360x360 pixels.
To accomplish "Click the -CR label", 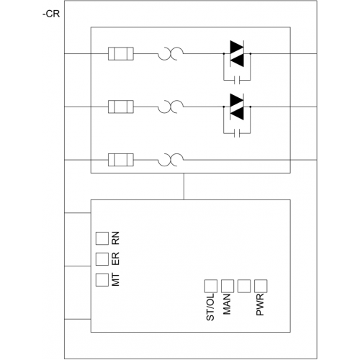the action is click(51, 14).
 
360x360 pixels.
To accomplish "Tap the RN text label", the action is click(116, 238).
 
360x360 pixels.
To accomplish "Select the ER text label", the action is click(116, 258).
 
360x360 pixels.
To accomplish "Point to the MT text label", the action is click(116, 279).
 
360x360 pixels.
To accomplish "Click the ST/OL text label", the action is click(210, 307).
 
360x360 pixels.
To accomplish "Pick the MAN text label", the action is click(227, 305).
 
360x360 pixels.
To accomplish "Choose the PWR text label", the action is click(260, 305).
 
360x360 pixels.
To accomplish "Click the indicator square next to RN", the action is click(102, 238).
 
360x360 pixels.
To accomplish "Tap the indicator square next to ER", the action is click(102, 259).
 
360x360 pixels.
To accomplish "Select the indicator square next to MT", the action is click(102, 280).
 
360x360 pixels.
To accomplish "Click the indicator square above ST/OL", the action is click(211, 286).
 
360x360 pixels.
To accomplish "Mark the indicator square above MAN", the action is click(228, 286).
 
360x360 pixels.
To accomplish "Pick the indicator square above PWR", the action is click(261, 286).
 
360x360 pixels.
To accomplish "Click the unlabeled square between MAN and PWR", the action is click(244, 286).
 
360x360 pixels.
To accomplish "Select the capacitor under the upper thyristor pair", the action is click(237, 80).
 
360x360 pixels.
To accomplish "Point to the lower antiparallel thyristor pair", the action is click(237, 107).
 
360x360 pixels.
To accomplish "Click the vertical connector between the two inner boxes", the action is click(184, 186).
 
